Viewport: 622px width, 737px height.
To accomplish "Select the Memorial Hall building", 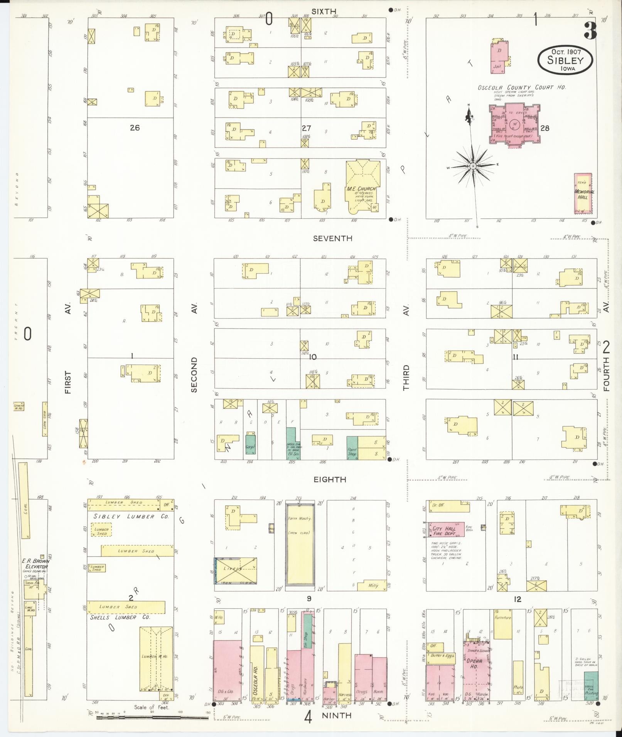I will click(583, 193).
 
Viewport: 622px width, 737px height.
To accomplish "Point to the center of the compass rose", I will click(472, 166).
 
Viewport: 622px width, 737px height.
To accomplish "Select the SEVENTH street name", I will click(332, 238).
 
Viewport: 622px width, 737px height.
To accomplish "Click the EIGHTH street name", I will click(329, 480).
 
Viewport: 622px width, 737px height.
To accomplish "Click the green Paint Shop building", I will click(352, 448).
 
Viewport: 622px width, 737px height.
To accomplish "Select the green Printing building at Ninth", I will click(591, 685).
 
